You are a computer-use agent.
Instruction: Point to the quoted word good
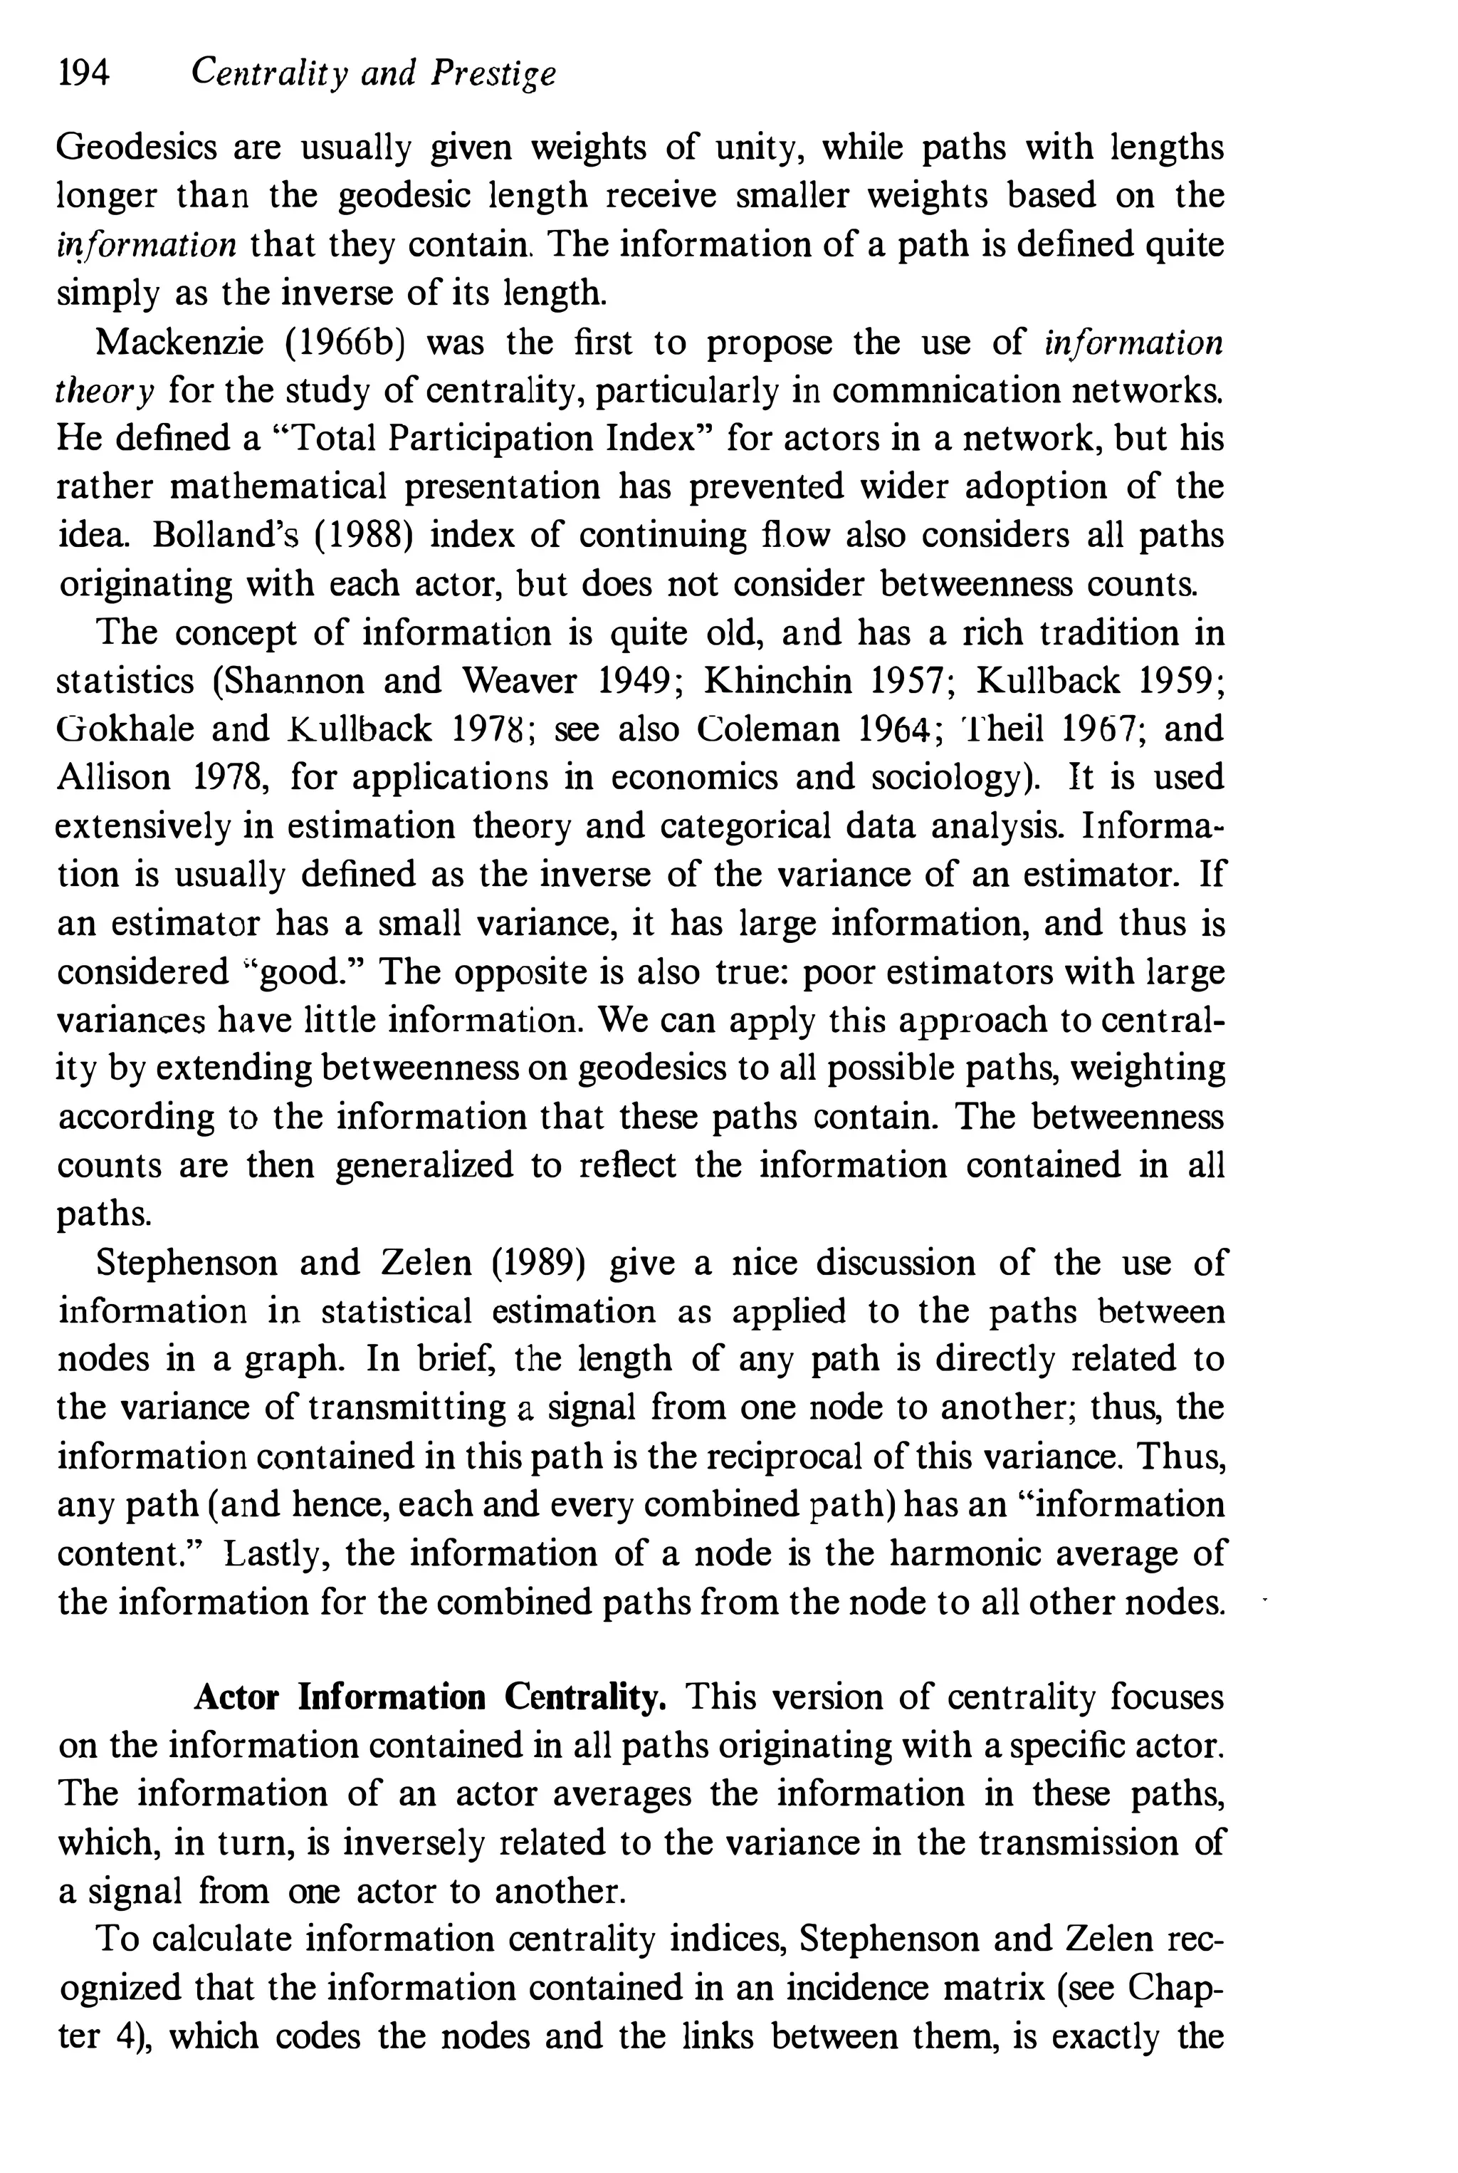[302, 972]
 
